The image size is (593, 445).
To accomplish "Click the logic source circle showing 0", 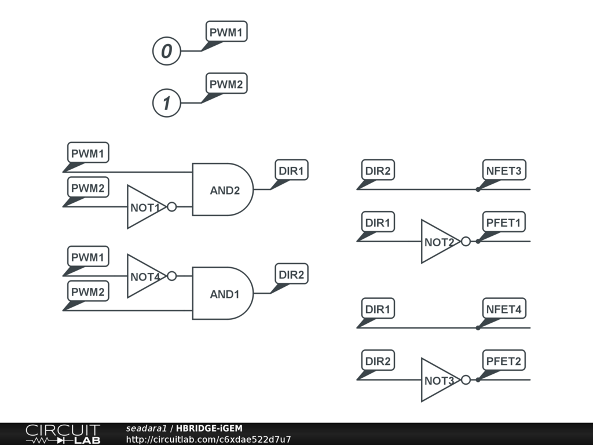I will point(167,51).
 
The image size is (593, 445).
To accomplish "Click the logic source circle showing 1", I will point(167,104).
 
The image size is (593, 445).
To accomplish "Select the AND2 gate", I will point(222,189).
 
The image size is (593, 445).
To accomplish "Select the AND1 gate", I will point(222,293).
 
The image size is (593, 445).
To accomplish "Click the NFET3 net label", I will point(504,171).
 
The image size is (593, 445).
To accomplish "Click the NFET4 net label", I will point(504,309).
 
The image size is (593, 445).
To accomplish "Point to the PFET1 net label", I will point(504,222).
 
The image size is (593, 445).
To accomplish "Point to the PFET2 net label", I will point(504,362).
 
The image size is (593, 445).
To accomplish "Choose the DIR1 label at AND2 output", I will point(291,171).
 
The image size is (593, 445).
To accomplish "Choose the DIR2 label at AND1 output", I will point(291,275).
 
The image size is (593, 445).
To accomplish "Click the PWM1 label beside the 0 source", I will point(226,32).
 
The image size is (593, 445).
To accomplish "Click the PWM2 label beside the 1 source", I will point(226,85).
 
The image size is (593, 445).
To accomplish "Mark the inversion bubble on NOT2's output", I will point(466,242).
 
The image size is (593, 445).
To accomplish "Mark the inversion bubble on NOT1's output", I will point(171,207).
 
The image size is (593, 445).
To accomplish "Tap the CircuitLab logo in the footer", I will point(63,434).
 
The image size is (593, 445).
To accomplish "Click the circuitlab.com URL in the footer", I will point(208,439).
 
